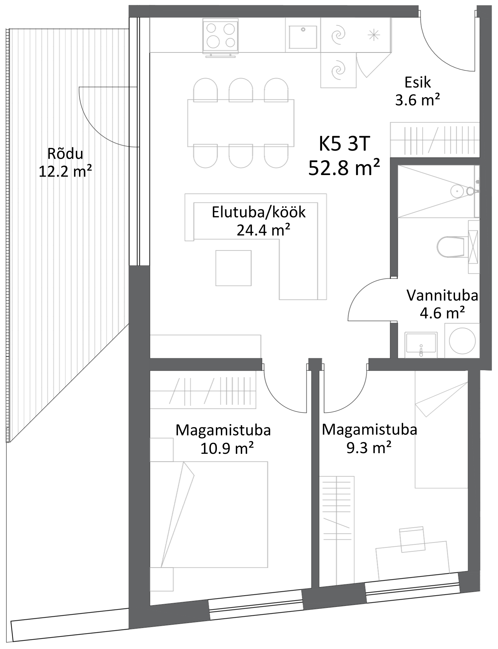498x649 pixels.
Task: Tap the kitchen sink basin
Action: [x=303, y=37]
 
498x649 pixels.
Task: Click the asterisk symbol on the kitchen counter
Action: [x=374, y=35]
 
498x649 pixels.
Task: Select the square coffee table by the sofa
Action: [x=233, y=268]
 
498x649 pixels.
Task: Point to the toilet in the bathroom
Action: [x=451, y=247]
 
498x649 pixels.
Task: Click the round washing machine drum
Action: [x=462, y=341]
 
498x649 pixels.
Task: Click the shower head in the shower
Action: [x=457, y=191]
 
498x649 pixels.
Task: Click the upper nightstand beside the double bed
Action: [x=162, y=449]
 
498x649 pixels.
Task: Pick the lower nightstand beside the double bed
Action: [x=162, y=579]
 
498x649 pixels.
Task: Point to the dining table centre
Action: [x=241, y=123]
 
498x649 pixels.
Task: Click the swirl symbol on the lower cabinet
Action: [x=338, y=70]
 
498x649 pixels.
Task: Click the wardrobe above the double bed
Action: [x=203, y=390]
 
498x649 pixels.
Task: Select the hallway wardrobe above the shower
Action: [x=435, y=140]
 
